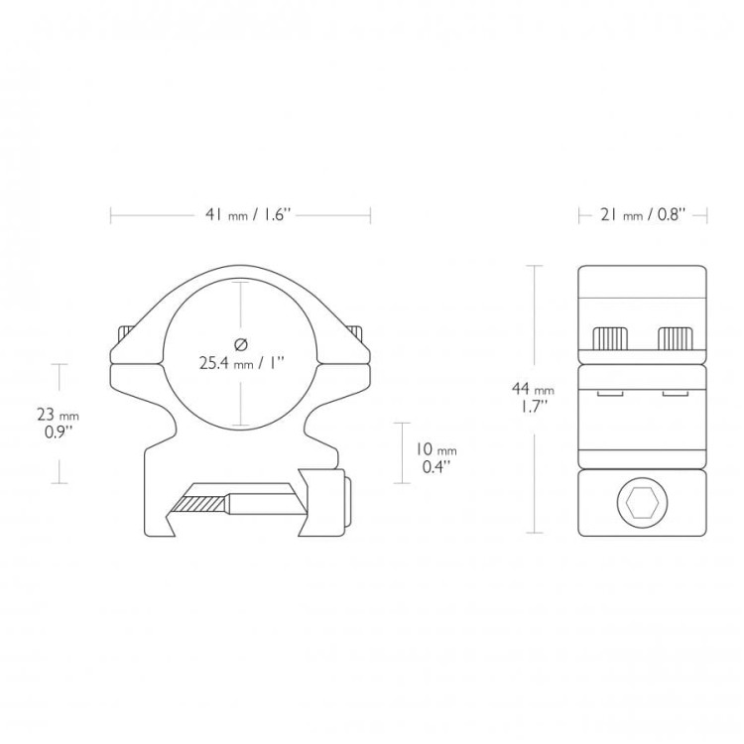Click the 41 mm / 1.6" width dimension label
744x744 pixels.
[247, 215]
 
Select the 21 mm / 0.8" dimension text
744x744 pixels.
[643, 215]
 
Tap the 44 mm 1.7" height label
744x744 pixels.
[533, 397]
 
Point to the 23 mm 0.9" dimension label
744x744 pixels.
[58, 424]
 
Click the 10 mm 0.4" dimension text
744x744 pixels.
[436, 458]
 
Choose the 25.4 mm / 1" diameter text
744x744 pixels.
[241, 364]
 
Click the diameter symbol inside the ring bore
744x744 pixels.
[241, 344]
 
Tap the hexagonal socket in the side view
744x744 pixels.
[643, 503]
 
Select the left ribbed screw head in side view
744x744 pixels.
[611, 339]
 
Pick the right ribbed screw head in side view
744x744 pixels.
[676, 339]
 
